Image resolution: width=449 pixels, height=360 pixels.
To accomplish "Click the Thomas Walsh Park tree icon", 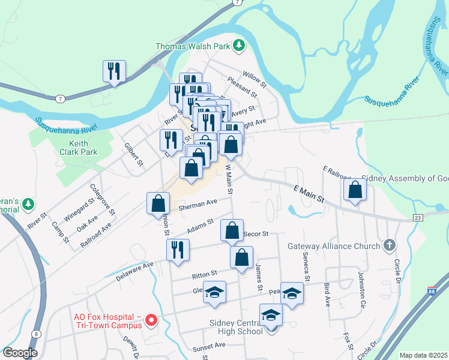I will [240, 45].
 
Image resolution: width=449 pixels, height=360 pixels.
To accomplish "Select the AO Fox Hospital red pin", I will [151, 320].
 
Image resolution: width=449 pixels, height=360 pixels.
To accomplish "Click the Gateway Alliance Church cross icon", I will [390, 245].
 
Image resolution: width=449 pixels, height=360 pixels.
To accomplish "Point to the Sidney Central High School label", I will [236, 326].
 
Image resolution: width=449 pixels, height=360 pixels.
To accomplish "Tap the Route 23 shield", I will [418, 217].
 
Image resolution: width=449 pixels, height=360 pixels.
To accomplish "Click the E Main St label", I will [309, 194].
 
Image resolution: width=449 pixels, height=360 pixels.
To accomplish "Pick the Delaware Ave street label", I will [135, 268].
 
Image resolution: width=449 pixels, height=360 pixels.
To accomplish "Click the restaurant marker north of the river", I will [113, 71].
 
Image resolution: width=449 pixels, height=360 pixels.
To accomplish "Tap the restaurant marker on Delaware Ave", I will [178, 249].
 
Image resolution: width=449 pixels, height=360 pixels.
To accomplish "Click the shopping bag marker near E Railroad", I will [355, 190].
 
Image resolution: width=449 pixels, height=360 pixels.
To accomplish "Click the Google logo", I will [19, 353].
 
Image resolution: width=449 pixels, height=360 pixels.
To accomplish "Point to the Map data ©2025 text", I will [423, 355].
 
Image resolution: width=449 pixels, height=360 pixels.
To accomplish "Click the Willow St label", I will [253, 76].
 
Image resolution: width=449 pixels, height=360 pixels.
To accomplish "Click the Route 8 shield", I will [37, 334].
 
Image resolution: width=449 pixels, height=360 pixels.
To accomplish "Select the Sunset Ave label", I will [208, 346].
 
